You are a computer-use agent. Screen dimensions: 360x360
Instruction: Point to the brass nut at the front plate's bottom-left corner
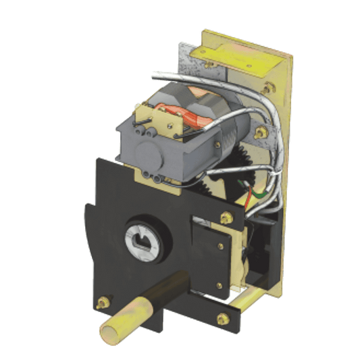103,303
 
